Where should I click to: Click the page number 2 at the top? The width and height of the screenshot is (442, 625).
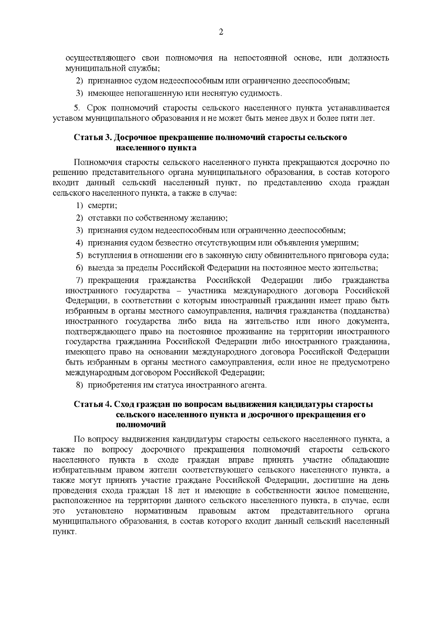tap(221, 32)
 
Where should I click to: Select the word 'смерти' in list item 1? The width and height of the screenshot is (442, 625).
tap(102, 206)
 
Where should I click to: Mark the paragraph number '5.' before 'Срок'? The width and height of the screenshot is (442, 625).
tap(77, 108)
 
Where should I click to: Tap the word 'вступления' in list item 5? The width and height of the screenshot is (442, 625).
tap(106, 255)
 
